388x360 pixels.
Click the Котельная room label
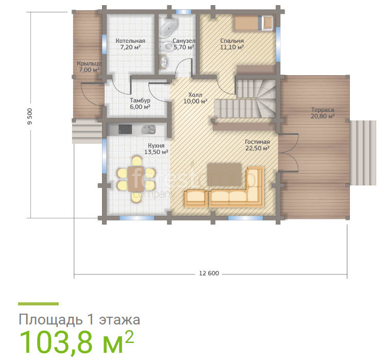click(x=130, y=44)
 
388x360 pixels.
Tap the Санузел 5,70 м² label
click(x=184, y=44)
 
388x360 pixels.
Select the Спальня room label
click(x=232, y=44)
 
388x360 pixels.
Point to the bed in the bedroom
click(x=254, y=23)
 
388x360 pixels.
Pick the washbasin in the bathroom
click(x=164, y=61)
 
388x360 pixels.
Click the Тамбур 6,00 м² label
click(x=140, y=104)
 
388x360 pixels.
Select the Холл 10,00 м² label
click(x=195, y=98)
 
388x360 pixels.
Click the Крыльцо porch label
click(x=89, y=66)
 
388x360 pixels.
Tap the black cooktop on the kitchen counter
click(x=125, y=129)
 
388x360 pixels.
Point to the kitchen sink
click(x=148, y=129)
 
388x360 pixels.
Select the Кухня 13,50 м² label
click(x=156, y=149)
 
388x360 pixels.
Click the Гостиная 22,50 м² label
click(x=257, y=145)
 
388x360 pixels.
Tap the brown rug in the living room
click(x=224, y=174)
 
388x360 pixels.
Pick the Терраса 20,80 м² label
click(x=323, y=113)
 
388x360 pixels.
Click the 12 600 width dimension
click(x=209, y=273)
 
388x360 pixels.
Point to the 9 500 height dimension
click(x=30, y=116)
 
